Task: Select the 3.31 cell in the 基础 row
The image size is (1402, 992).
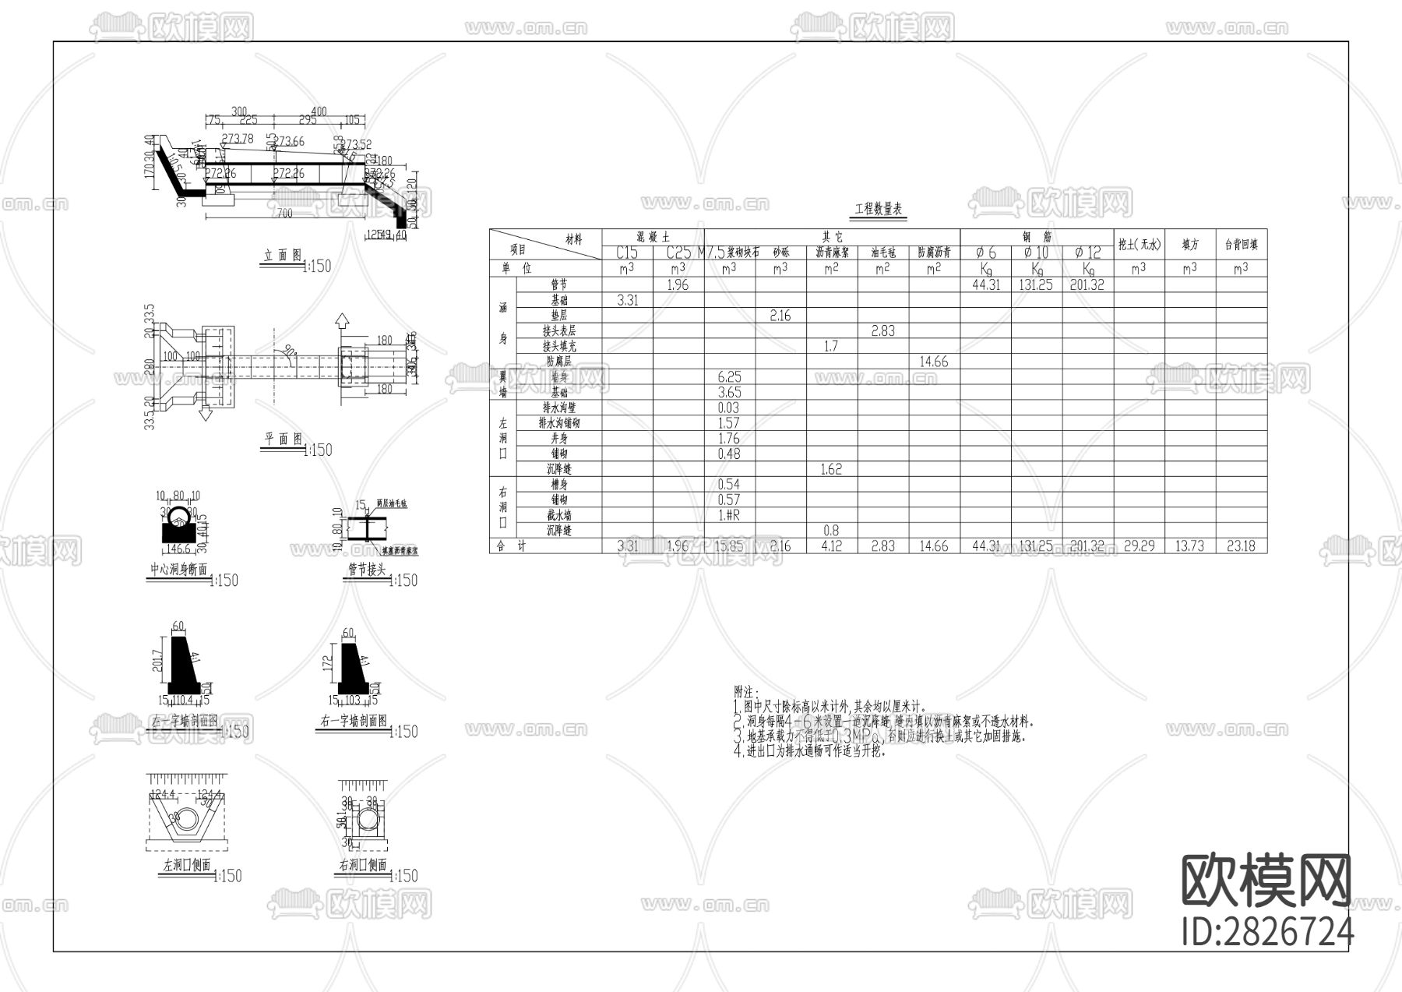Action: coord(627,300)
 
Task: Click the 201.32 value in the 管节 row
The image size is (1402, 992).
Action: coord(1087,285)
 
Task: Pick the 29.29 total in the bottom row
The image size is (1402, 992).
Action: coord(1139,546)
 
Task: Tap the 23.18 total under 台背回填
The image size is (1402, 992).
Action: coord(1241,546)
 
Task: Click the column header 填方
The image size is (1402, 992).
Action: coord(1189,245)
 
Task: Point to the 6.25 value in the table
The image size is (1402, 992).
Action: coord(729,377)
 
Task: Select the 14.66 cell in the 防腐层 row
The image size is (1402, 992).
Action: coord(933,362)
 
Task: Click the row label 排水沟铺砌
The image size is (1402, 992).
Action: coord(558,423)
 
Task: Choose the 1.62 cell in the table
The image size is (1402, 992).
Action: coord(831,469)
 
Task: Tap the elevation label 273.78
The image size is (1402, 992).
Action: coord(237,139)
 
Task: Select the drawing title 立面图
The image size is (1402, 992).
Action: coord(283,256)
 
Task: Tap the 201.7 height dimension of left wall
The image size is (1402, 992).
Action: coord(158,665)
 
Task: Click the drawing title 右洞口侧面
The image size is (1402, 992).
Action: coord(362,867)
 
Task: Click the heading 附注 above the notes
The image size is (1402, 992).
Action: coord(746,692)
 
